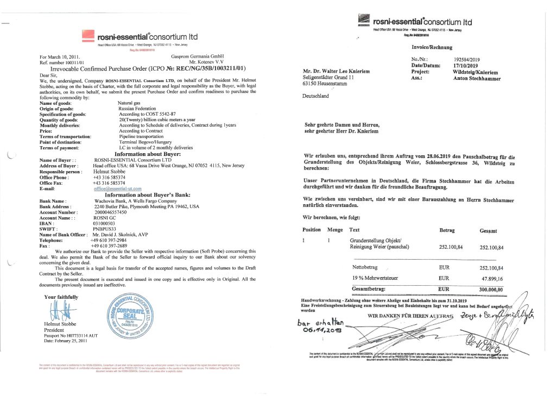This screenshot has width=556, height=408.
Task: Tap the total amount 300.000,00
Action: coord(491,290)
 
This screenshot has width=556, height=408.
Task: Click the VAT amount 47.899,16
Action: coord(492,278)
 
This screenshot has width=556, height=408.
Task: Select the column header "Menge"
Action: coord(335,230)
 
